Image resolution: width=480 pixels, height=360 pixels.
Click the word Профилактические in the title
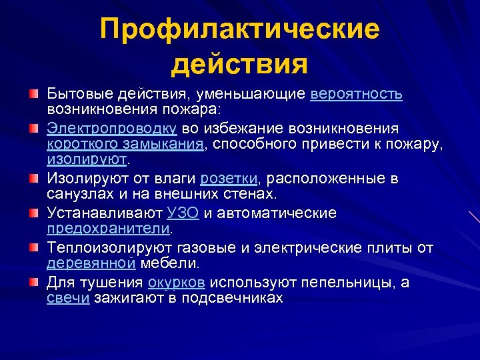(x=240, y=30)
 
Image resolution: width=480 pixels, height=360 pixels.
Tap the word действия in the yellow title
(x=240, y=65)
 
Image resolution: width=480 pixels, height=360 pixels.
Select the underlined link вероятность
(x=356, y=93)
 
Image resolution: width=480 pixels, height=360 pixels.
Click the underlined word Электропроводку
(x=111, y=128)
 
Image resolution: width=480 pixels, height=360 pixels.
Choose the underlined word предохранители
(x=109, y=229)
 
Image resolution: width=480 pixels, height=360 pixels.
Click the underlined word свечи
(x=68, y=298)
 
